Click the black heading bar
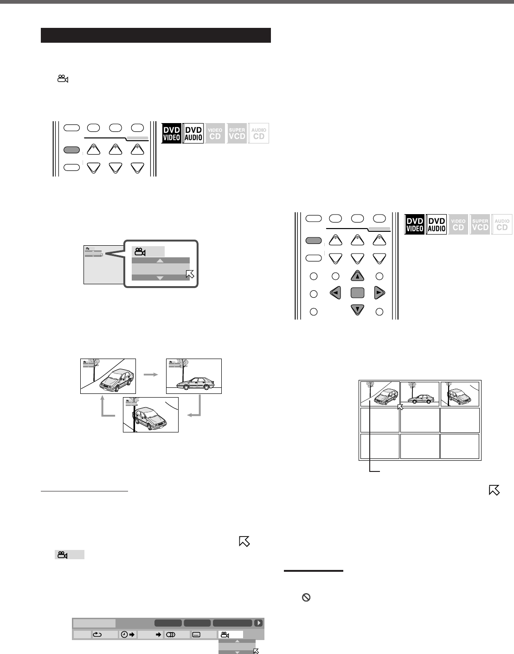(x=155, y=35)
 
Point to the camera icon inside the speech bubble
(x=140, y=252)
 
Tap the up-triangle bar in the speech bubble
(x=160, y=261)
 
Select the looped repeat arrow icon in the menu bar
(x=98, y=635)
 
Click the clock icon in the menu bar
(x=124, y=635)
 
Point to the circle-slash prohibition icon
(x=306, y=599)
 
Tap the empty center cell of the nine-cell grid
(x=420, y=420)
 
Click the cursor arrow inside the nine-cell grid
(x=401, y=407)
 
